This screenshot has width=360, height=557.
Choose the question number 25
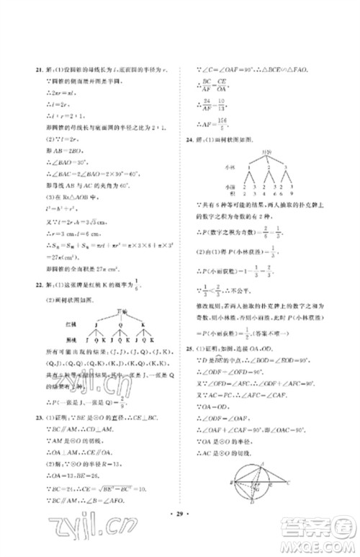(x=189, y=349)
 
